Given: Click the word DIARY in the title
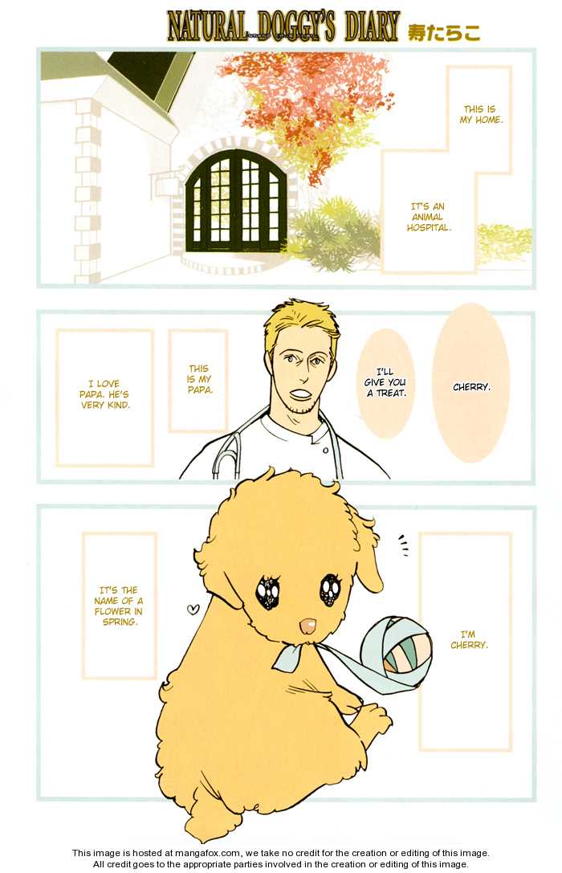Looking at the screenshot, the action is [372, 27].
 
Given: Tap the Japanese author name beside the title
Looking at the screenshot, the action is [443, 32].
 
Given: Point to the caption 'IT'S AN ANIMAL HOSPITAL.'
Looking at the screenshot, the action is [429, 217].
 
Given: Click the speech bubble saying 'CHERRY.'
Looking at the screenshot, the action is [470, 383].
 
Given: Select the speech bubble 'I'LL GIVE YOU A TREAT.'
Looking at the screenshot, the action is [385, 382].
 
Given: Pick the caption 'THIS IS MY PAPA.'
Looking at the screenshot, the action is [198, 379].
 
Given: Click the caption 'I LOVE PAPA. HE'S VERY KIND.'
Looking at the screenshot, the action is [104, 394].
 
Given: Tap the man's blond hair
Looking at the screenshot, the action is [301, 321].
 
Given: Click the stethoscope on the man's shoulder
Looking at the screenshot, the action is [228, 446].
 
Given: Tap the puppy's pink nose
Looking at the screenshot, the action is [307, 627].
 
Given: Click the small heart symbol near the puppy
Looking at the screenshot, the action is [193, 609].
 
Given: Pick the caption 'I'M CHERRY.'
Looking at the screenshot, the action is [469, 639].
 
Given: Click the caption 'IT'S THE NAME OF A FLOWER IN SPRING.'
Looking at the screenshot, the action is [119, 606].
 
